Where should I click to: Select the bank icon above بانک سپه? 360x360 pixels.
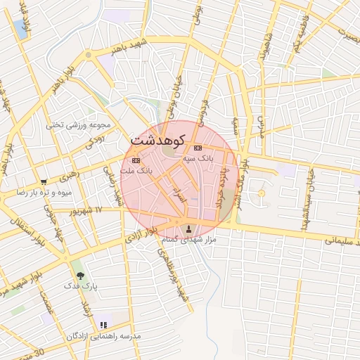pyautogui.click(x=198, y=148)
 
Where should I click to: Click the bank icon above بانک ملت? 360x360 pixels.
pyautogui.click(x=136, y=160)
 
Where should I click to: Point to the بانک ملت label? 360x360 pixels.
pyautogui.click(x=136, y=171)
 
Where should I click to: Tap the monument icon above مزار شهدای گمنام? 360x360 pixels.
pyautogui.click(x=188, y=229)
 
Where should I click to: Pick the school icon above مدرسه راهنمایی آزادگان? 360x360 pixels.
pyautogui.click(x=104, y=325)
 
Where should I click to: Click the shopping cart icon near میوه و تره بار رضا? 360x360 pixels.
pyautogui.click(x=45, y=181)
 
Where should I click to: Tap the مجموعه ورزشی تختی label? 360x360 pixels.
pyautogui.click(x=79, y=125)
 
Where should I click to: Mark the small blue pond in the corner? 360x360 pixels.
pyautogui.click(x=20, y=30)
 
